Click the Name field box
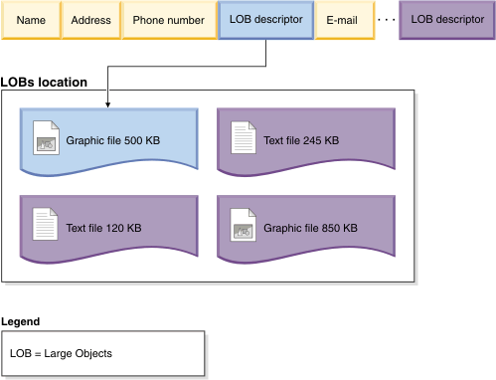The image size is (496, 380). pyautogui.click(x=30, y=20)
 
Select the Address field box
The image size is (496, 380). pyautogui.click(x=89, y=20)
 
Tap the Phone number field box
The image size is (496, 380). pyautogui.click(x=169, y=20)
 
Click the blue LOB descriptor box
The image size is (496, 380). pyautogui.click(x=265, y=20)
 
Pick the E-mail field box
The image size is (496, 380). pyautogui.click(x=342, y=20)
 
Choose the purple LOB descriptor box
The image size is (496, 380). pyautogui.click(x=446, y=20)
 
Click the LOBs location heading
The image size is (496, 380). pyautogui.click(x=44, y=82)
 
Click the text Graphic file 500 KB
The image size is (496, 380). pyautogui.click(x=113, y=140)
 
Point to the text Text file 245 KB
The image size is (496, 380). pyautogui.click(x=301, y=140)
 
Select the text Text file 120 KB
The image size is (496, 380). pyautogui.click(x=104, y=228)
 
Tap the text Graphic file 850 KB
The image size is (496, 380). pyautogui.click(x=310, y=228)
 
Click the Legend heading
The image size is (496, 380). pyautogui.click(x=21, y=321)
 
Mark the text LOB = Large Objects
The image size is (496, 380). pyautogui.click(x=61, y=353)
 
